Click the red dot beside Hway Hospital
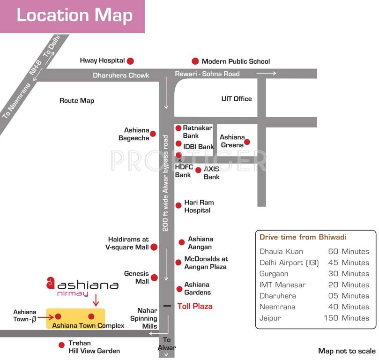[131, 61]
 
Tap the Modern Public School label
[236, 61]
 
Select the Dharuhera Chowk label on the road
[121, 75]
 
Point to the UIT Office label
[237, 99]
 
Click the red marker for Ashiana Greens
[247, 142]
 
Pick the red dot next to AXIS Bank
[198, 170]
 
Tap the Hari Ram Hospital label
[199, 206]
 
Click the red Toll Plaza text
[195, 307]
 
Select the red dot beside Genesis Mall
[154, 277]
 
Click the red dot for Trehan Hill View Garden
[61, 345]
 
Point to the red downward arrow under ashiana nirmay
[96, 300]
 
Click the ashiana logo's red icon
[50, 283]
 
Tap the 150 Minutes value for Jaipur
[346, 318]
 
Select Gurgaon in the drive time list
[274, 274]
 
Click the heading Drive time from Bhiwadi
[303, 237]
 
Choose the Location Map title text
[74, 15]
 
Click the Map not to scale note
[347, 351]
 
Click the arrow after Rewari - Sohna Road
[266, 73]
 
